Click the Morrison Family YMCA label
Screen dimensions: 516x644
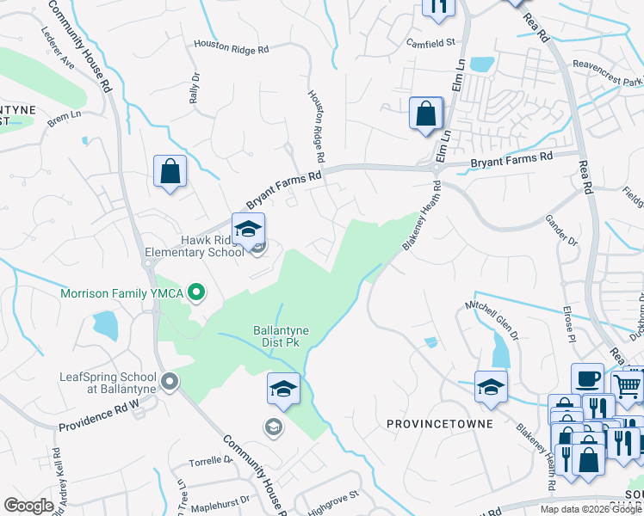[x=123, y=293]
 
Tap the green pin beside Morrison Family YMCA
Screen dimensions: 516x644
[x=196, y=293]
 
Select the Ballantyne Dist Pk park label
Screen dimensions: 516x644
[x=282, y=336]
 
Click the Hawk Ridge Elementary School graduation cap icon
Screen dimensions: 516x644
[x=248, y=230]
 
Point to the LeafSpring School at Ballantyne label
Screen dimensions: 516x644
[x=108, y=383]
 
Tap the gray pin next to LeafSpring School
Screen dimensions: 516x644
[x=170, y=380]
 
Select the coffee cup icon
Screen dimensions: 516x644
[x=587, y=379]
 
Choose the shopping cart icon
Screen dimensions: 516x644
[x=628, y=386]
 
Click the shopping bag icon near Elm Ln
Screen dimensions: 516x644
[x=425, y=114]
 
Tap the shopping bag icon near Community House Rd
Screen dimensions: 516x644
[x=170, y=170]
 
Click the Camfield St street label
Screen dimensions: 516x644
[x=431, y=40]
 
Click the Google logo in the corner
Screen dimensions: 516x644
[x=28, y=506]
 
